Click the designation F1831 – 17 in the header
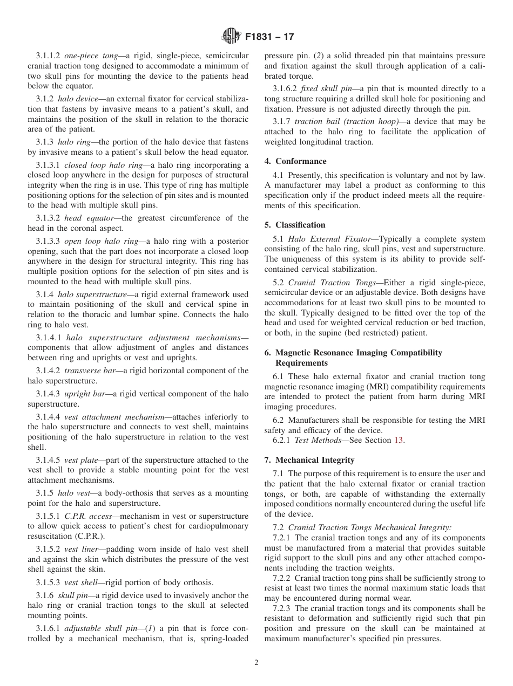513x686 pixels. pyautogui.click(x=269, y=37)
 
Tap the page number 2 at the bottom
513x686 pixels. pyautogui.click(x=256, y=663)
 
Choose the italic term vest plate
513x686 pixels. pyautogui.click(x=81, y=460)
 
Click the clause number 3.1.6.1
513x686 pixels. pyautogui.click(x=49, y=629)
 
